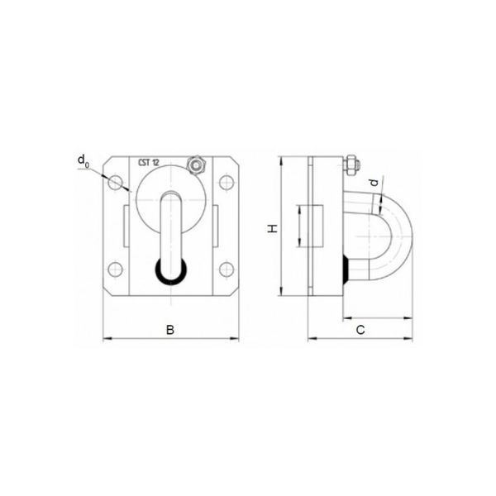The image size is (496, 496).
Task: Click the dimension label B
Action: (170, 330)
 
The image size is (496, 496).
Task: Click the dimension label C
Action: (360, 330)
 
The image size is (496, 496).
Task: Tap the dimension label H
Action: (272, 228)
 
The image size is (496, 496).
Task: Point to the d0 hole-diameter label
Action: (83, 161)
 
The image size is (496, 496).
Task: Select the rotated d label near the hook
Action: (374, 183)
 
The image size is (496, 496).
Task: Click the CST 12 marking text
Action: (148, 163)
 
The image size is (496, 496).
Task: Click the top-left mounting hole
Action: (115, 182)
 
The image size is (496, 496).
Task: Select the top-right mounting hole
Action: (227, 182)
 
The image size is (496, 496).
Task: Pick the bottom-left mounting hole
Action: (115, 269)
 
